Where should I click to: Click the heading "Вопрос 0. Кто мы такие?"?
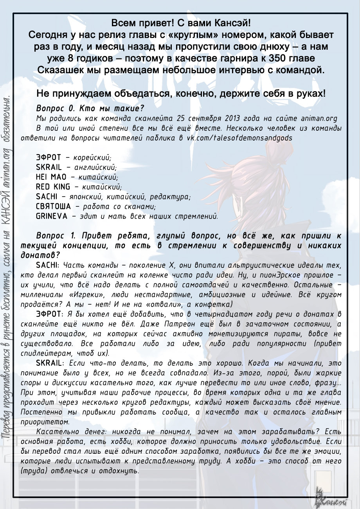click(90, 108)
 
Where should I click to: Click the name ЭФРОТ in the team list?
click(48, 157)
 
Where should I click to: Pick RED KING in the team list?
click(53, 187)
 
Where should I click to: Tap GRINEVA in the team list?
click(51, 216)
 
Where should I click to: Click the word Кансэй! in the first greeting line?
click(235, 23)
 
